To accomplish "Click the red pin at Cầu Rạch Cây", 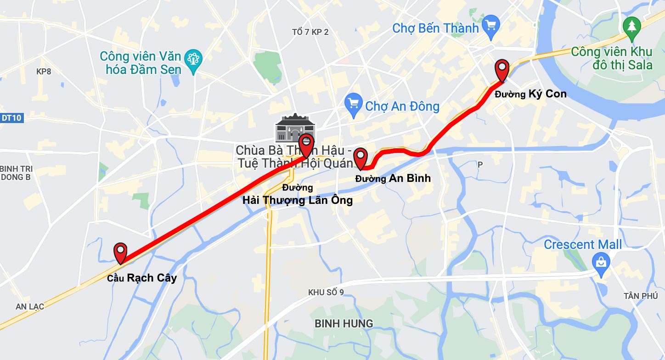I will [x=120, y=251].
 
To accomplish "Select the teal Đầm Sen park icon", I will [x=193, y=60].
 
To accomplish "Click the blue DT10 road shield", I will [x=11, y=118].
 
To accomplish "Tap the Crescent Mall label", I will [x=582, y=244].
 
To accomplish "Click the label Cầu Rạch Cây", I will [x=142, y=278].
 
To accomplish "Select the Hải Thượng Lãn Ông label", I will [x=298, y=200].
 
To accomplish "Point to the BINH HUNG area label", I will [x=344, y=324].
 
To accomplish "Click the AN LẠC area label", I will [x=30, y=306].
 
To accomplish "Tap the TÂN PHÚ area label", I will [x=641, y=296].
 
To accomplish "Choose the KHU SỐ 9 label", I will [x=326, y=292].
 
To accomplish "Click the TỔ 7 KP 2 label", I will [x=310, y=32].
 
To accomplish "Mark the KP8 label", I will [x=44, y=72].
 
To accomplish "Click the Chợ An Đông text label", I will [x=402, y=107].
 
